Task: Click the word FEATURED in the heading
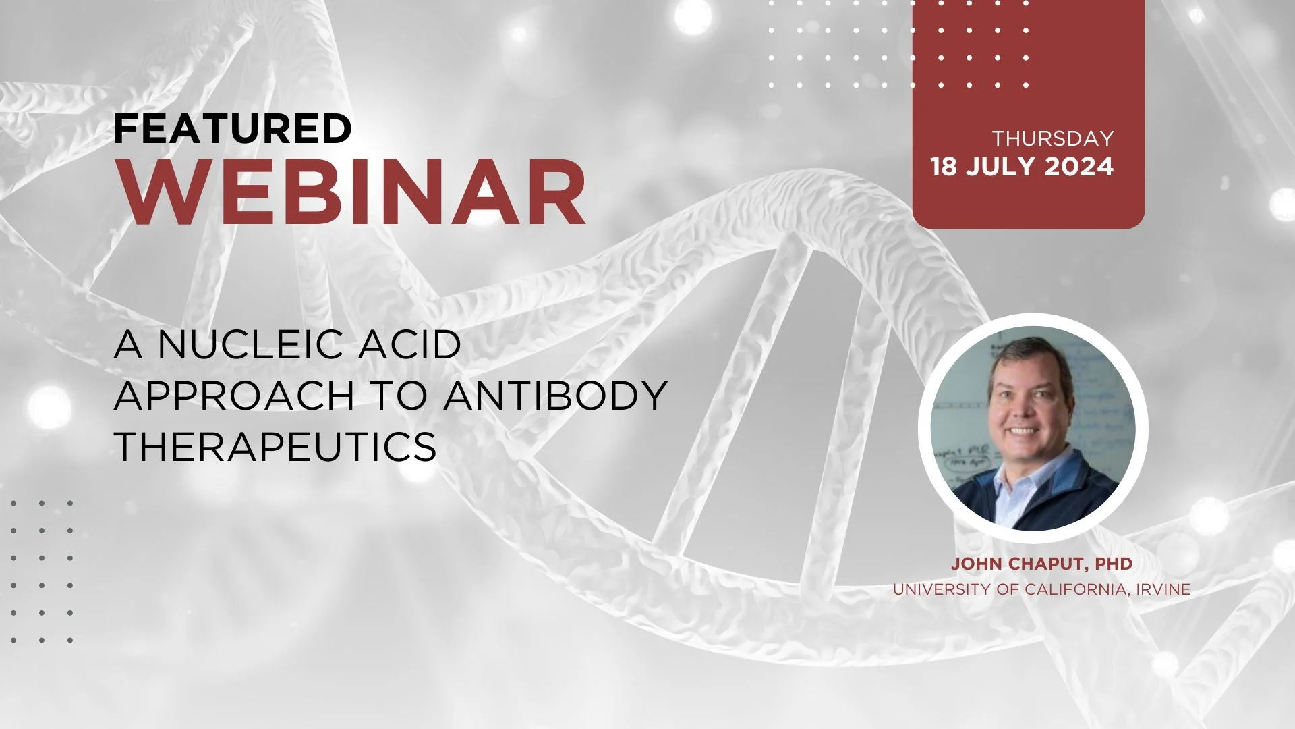pos(233,128)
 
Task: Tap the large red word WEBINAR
pos(353,193)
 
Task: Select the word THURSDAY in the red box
pos(1052,138)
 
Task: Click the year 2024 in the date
pos(1078,167)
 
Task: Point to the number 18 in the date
pos(944,167)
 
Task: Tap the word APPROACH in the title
pos(234,395)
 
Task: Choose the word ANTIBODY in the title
pos(556,395)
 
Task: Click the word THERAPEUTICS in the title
pos(275,446)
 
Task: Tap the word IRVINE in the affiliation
pos(1163,589)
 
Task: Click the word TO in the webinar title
pos(400,395)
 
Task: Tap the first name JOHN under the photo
pos(975,564)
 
